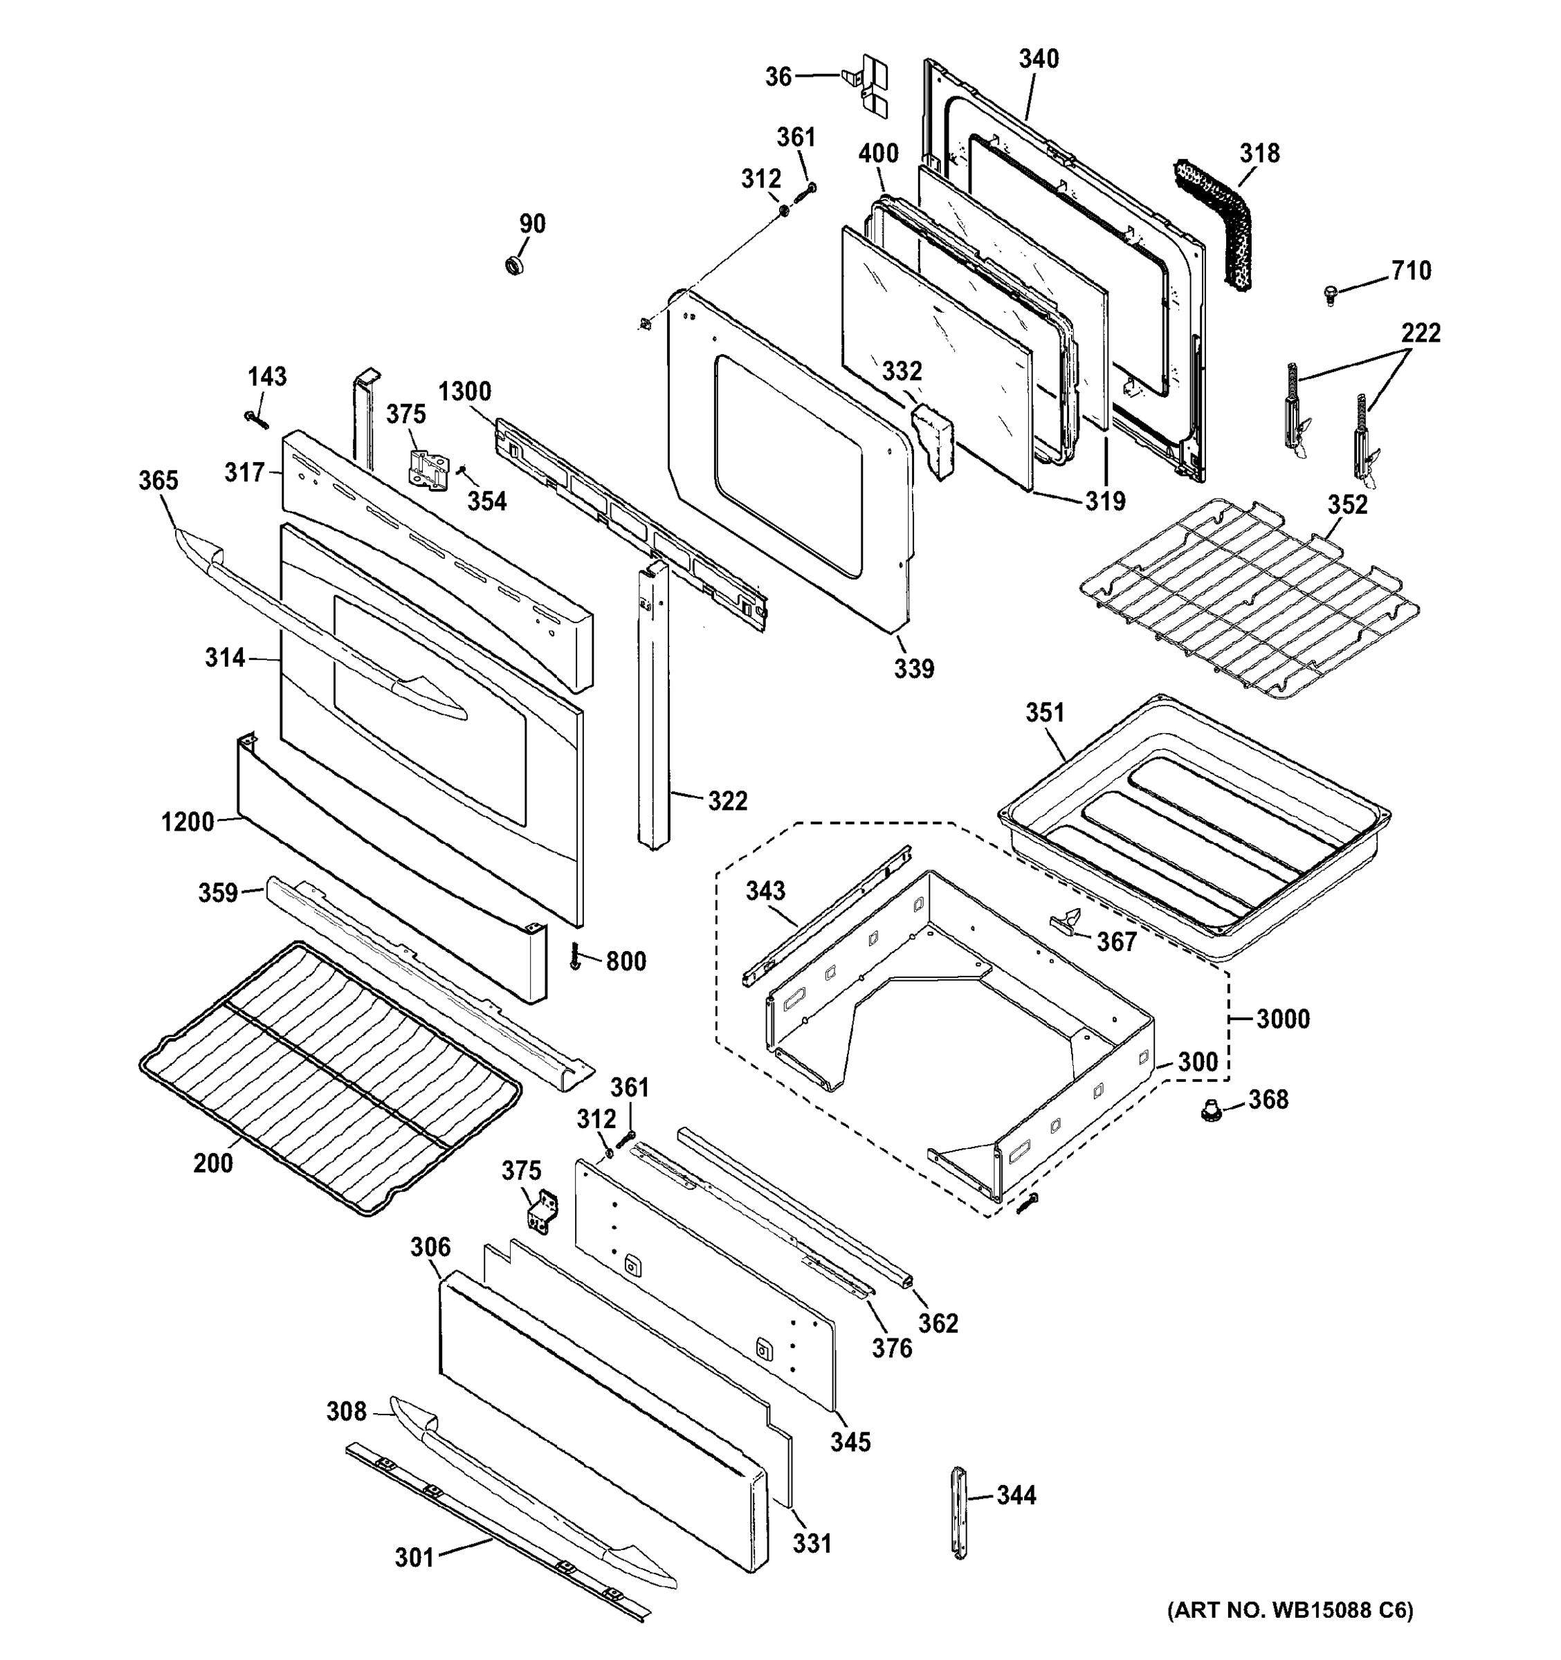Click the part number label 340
coord(1038,59)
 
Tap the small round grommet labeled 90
coord(515,266)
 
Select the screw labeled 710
coord(1331,294)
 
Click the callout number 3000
coord(1283,1019)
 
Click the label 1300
coord(464,391)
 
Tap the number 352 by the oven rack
coord(1347,504)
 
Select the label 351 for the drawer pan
coord(1045,712)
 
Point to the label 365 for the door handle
coord(158,480)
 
